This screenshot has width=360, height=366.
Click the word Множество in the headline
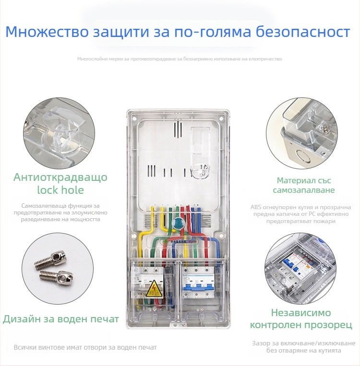tap(47, 32)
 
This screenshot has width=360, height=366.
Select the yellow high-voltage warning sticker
tap(155, 289)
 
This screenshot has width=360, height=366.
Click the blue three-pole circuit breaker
tap(198, 283)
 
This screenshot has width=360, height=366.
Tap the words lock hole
tap(60, 190)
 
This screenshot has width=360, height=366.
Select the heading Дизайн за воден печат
tap(61, 319)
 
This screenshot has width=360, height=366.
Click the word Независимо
tap(301, 313)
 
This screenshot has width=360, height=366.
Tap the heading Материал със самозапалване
tap(304, 185)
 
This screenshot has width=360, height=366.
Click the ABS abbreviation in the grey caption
tap(256, 207)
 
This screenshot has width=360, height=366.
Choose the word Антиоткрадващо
tap(60, 177)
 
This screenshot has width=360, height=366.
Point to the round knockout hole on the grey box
tap(303, 156)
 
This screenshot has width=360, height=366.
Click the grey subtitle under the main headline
tap(180, 59)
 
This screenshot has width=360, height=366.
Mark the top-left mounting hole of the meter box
tap(135, 119)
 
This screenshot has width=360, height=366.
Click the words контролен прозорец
tap(301, 325)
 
